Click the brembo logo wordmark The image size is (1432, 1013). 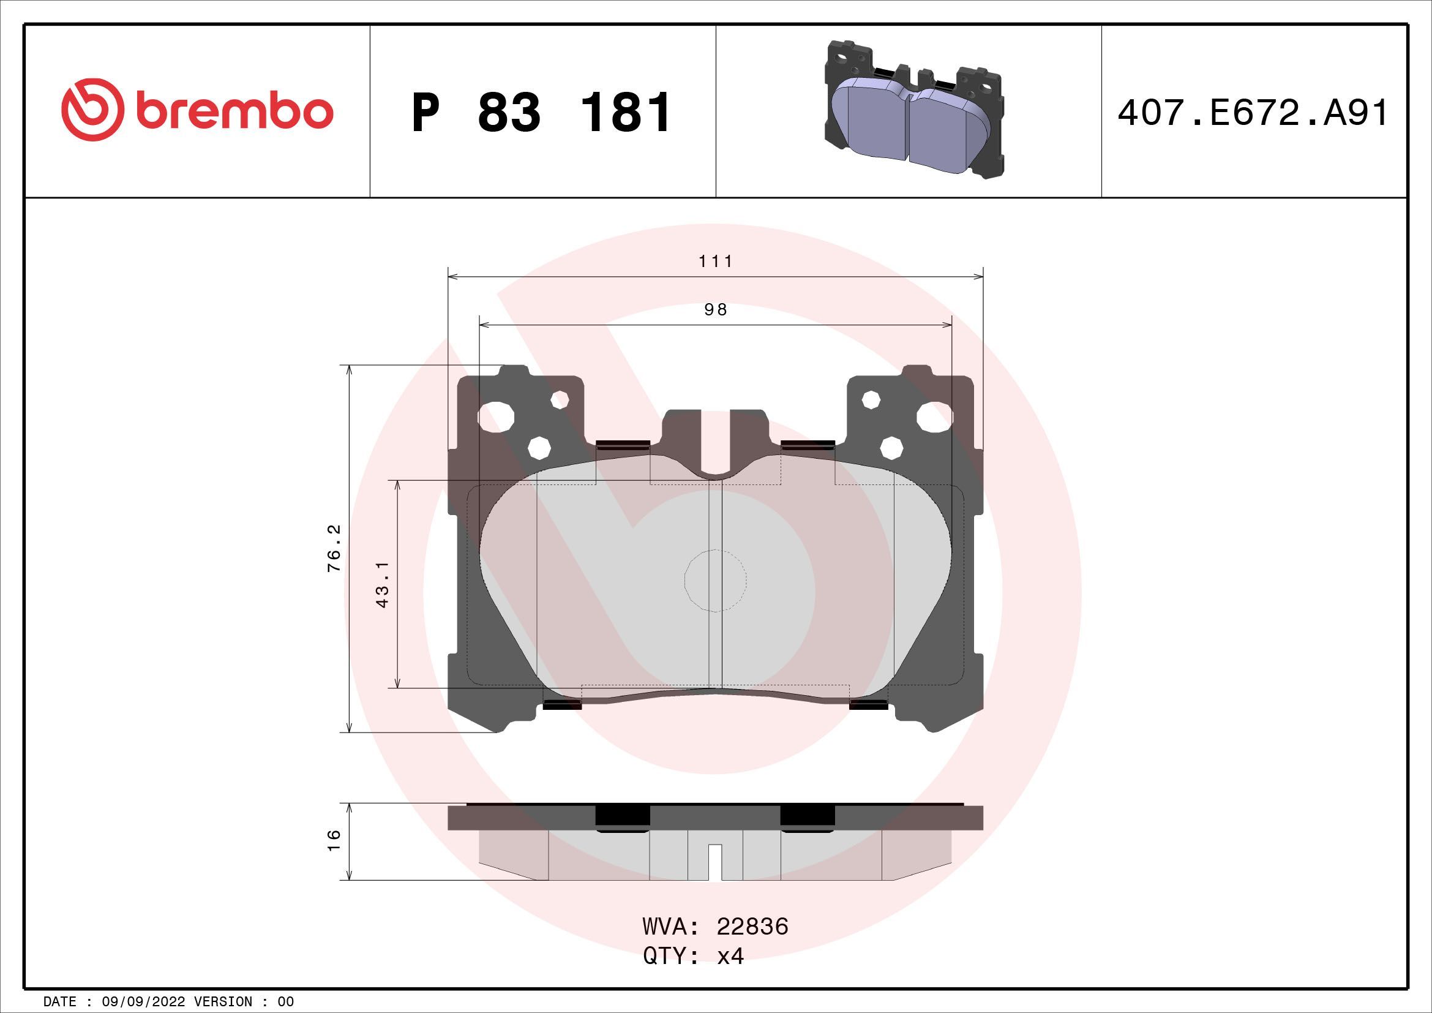pos(231,111)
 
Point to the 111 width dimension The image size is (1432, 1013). pos(714,262)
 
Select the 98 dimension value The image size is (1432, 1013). pos(715,310)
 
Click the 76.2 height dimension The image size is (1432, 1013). pos(335,548)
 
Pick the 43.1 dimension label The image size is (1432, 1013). pos(383,584)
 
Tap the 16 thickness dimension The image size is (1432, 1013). pos(334,842)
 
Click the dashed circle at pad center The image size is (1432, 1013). pos(715,581)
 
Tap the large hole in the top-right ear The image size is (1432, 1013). pos(935,416)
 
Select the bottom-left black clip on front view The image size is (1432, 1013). pos(562,705)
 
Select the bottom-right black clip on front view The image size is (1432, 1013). pos(868,705)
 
